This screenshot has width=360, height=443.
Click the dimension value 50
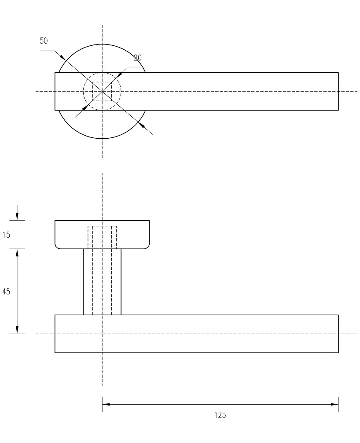point(44,41)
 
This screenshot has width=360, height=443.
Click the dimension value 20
point(137,58)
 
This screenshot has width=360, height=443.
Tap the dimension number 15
point(6,235)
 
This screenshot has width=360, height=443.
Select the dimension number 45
point(6,292)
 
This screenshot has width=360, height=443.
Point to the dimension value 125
point(220,415)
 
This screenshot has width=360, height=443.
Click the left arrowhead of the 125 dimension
point(106,404)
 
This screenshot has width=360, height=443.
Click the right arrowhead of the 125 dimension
point(334,404)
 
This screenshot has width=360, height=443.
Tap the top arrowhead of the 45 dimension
point(17,253)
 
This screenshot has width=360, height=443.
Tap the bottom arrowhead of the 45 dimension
point(17,330)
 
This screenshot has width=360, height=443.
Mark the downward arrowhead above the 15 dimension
point(17,216)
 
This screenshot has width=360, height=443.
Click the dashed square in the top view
point(102,92)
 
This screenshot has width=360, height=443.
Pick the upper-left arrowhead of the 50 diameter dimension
point(62,57)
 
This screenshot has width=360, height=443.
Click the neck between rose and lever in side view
point(102,282)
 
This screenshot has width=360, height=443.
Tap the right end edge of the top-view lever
point(338,92)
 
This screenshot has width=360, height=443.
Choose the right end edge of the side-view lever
point(338,334)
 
